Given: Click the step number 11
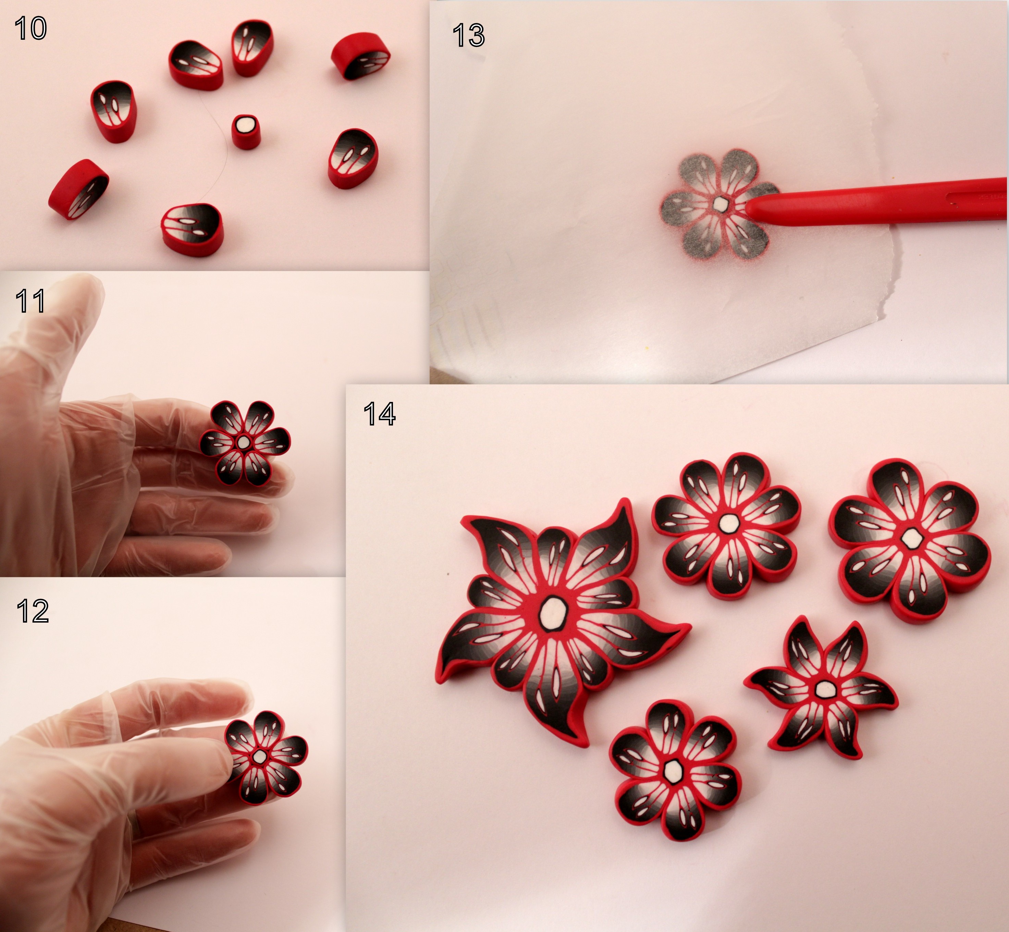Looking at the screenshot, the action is [30, 301].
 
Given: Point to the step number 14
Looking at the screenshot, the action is [379, 414].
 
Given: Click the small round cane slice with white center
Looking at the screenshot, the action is [246, 131].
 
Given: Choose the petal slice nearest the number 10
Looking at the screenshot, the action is [114, 111].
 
